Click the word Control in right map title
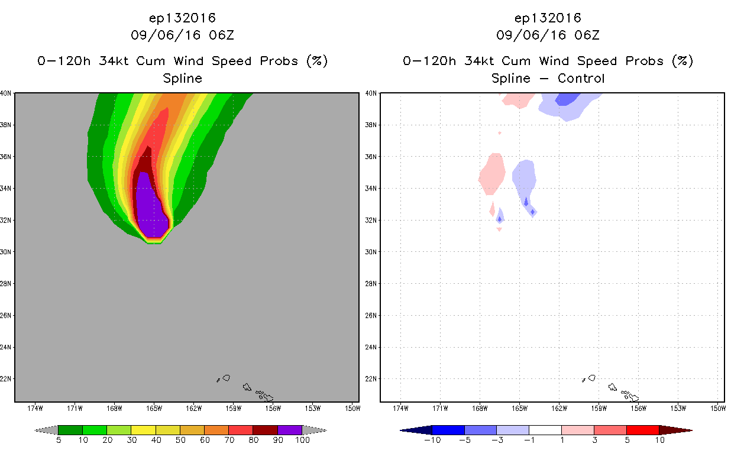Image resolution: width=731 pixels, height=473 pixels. click(581, 79)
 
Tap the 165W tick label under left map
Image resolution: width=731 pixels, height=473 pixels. click(154, 409)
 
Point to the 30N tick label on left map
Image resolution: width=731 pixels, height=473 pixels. click(5, 252)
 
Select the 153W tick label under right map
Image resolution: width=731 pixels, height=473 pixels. click(678, 409)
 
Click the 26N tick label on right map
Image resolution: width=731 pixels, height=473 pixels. click(371, 316)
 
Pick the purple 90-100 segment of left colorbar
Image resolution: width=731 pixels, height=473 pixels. click(290, 430)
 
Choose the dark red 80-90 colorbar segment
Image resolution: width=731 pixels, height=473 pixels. click(266, 430)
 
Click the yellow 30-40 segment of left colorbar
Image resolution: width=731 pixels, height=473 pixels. click(143, 430)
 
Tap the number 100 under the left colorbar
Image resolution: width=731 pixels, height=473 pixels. click(302, 440)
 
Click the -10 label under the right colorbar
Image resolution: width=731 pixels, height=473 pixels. click(432, 440)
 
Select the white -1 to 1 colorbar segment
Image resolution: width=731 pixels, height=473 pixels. click(545, 430)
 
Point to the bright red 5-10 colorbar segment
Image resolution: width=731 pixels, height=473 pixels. click(642, 430)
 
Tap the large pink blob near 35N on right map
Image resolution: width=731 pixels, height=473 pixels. click(492, 174)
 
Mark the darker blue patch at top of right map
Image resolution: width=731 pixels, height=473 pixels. click(567, 99)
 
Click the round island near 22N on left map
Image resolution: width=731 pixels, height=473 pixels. click(227, 378)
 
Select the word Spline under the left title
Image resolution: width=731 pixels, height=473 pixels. click(182, 79)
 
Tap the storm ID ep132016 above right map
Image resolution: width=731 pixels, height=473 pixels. click(548, 18)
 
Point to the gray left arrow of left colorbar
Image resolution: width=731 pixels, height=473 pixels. click(46, 430)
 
